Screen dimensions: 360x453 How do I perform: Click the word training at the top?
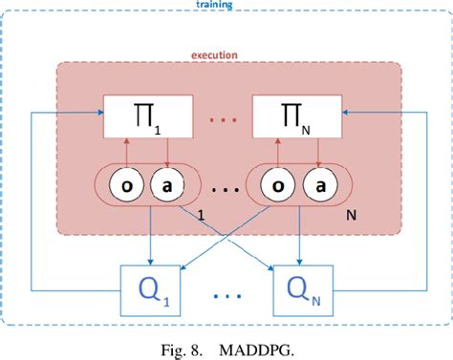pos(226,5)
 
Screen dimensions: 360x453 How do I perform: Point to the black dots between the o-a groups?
pos(222,187)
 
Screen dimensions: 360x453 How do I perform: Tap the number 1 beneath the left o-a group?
pos(201,218)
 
